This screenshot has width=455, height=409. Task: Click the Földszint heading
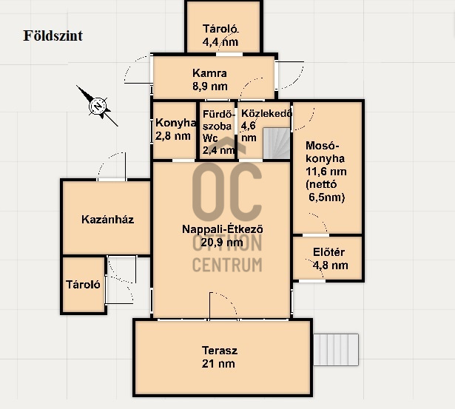[53, 36]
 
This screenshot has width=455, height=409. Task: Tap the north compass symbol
[98, 107]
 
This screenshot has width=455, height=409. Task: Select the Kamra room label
[209, 73]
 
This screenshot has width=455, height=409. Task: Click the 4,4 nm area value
[220, 42]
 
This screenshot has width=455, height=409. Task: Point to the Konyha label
[176, 123]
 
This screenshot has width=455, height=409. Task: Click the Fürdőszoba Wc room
[218, 130]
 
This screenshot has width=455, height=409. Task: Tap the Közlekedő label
[266, 113]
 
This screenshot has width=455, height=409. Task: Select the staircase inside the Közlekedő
[277, 143]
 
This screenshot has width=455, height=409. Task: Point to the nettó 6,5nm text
[326, 191]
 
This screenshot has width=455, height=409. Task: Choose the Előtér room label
[328, 252]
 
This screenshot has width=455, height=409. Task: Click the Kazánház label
[108, 220]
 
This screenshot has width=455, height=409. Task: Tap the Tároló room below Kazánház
[84, 285]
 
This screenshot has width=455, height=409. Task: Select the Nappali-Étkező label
[223, 229]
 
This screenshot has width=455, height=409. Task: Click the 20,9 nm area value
[222, 242]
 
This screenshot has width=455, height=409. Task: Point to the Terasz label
[220, 351]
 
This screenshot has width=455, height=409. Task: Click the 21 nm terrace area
[218, 364]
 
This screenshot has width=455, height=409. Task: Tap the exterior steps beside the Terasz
[336, 350]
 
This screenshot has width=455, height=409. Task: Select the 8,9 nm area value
[210, 86]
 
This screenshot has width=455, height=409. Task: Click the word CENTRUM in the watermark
[227, 265]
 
